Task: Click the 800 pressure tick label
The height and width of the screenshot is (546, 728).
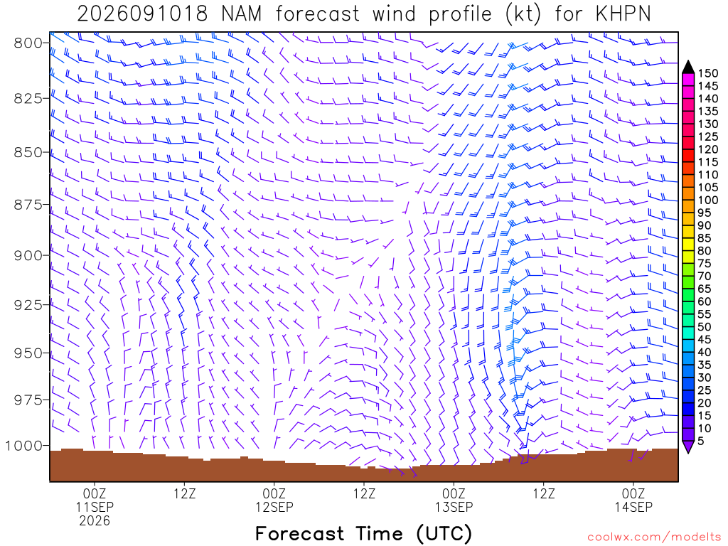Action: [28, 43]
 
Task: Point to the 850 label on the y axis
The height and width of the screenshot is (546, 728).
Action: [28, 152]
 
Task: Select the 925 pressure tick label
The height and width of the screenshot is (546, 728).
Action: [28, 305]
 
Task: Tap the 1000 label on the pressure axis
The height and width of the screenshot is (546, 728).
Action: [23, 446]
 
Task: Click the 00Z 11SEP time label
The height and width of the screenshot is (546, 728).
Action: [95, 500]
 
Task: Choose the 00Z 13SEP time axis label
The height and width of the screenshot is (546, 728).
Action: [454, 500]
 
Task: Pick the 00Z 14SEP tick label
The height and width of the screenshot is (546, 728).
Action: [633, 500]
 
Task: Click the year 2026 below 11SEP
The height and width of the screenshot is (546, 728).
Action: [95, 521]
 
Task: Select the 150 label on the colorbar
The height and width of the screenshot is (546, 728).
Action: [708, 73]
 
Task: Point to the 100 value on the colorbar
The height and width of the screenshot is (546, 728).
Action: [708, 200]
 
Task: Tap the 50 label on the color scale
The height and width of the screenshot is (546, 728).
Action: [705, 327]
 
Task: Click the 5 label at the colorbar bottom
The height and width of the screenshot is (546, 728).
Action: [701, 441]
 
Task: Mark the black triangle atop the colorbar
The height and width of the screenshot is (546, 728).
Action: [688, 68]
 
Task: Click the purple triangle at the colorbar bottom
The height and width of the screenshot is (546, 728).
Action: [688, 447]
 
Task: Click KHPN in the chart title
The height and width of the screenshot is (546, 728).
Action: [623, 14]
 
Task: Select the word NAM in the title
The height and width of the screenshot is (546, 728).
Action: [242, 14]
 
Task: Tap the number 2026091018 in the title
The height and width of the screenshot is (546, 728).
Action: [142, 14]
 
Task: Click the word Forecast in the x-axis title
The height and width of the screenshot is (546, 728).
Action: [300, 533]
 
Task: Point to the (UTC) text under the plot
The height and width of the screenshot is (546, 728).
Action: [444, 533]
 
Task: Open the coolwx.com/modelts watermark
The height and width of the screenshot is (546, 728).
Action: [654, 537]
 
